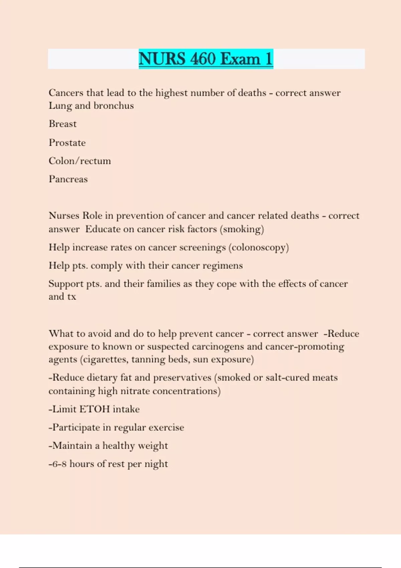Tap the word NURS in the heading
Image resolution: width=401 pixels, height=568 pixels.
pyautogui.click(x=162, y=59)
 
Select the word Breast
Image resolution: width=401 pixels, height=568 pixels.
pyautogui.click(x=62, y=124)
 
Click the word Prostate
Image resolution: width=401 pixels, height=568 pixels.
pyautogui.click(x=67, y=143)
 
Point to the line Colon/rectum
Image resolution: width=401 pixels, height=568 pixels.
pyautogui.click(x=80, y=161)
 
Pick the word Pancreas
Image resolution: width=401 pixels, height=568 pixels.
pyautogui.click(x=68, y=179)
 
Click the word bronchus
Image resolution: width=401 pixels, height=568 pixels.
pyautogui.click(x=114, y=106)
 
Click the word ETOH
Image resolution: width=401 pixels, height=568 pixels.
pyautogui.click(x=95, y=409)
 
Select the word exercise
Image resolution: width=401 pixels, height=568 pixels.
pyautogui.click(x=166, y=427)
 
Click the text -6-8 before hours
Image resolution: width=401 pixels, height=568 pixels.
pyautogui.click(x=57, y=464)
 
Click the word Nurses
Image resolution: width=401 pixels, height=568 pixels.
pyautogui.click(x=64, y=216)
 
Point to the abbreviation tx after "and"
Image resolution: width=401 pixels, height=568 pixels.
pyautogui.click(x=72, y=297)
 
